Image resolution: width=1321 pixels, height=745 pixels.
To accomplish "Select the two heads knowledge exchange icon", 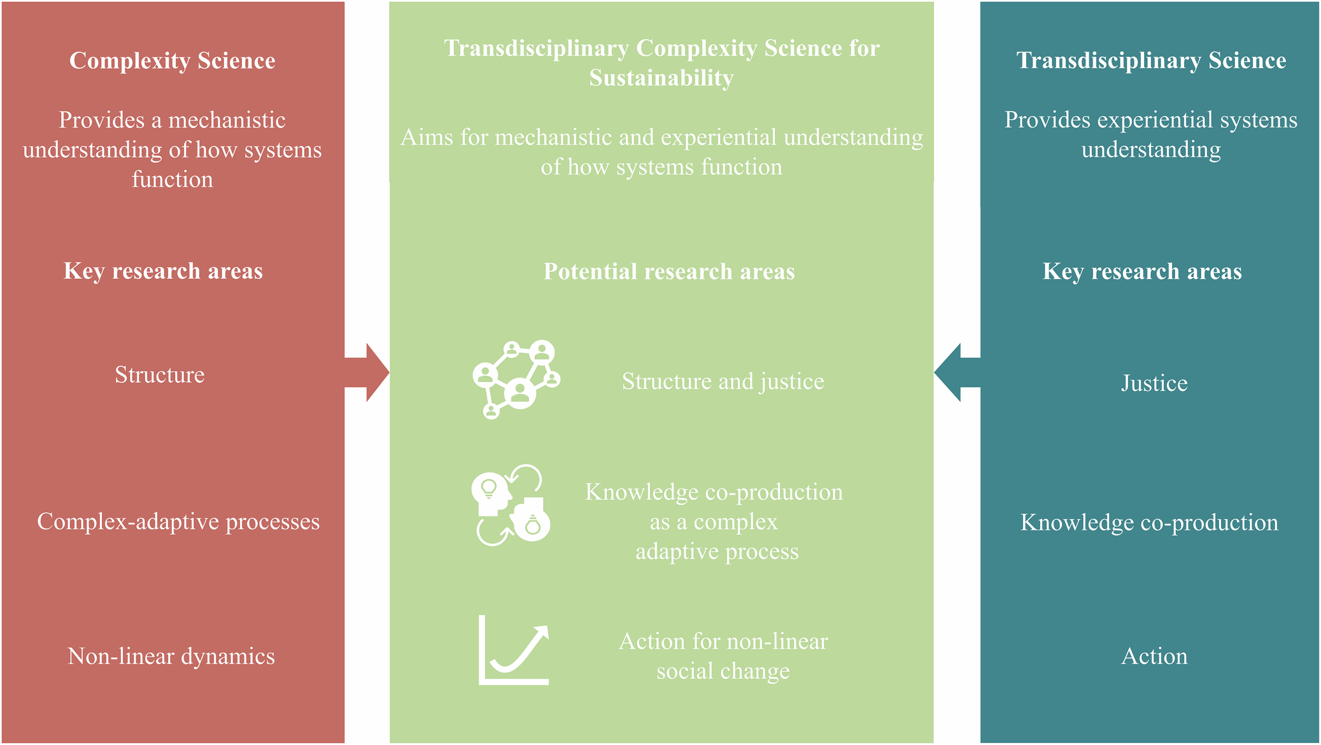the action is (511, 506).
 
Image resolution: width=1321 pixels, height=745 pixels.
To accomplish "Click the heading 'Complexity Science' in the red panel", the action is (173, 60).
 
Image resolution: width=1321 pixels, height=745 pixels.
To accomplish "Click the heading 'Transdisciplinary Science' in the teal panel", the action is (1151, 60).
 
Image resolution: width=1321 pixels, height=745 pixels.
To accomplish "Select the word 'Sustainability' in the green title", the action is (661, 78).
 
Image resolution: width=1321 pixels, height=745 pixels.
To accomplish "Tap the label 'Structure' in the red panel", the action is (160, 374).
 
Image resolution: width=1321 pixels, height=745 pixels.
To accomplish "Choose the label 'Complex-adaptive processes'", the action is (178, 521).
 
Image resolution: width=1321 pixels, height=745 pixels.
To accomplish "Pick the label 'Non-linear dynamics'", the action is (171, 656).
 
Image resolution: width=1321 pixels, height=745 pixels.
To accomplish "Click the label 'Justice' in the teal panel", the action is (1154, 383).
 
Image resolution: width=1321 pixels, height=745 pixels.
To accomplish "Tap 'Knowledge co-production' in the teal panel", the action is (1149, 522).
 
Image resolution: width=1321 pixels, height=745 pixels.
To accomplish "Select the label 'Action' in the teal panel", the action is (1154, 656).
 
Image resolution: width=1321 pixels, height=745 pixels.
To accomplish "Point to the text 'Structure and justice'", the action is (723, 381).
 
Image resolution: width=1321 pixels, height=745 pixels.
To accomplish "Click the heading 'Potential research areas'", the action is (669, 271).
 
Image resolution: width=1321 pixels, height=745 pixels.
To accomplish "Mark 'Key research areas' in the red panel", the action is (163, 271).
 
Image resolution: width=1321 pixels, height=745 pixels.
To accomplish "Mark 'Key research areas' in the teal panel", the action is (1142, 271).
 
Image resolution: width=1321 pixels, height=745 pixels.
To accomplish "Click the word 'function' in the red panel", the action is (173, 180).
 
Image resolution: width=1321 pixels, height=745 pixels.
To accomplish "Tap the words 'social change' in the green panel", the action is (723, 671).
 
